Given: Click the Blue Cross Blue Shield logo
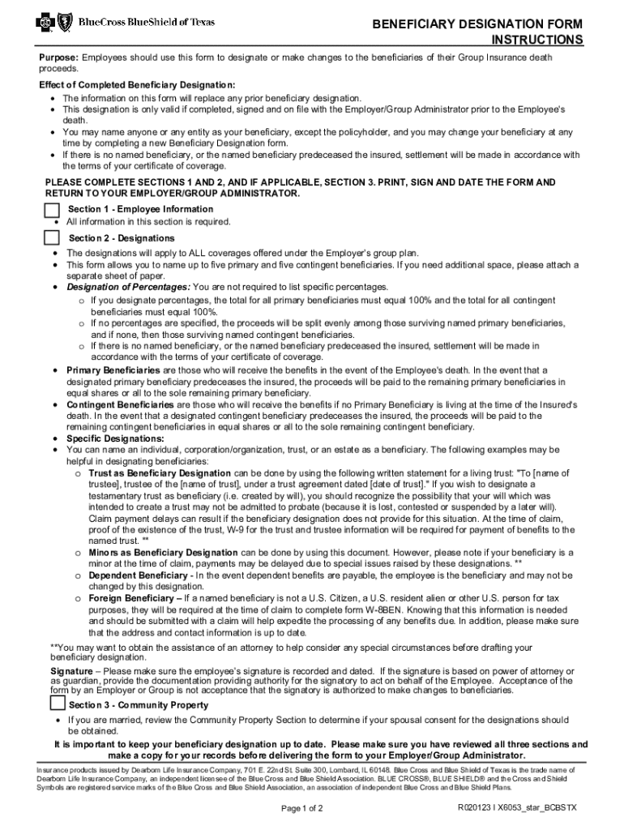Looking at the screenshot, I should pos(126,23).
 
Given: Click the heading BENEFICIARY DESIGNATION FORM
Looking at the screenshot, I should pos(477,25).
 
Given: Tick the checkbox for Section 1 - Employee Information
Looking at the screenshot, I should pos(52,210).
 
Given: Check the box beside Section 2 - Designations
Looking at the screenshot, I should pos(52,237).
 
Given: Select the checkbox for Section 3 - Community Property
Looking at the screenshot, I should pos(57,704).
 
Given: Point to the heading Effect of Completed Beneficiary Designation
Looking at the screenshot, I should pos(137,85).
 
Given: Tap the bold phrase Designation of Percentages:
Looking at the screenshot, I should pos(128,287).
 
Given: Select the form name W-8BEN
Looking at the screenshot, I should pos(384,609).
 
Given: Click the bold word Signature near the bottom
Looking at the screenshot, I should pos(71,671).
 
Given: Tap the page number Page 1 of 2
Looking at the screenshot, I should pos(302,808).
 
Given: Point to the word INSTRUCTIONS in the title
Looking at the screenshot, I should pos(537,41).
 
